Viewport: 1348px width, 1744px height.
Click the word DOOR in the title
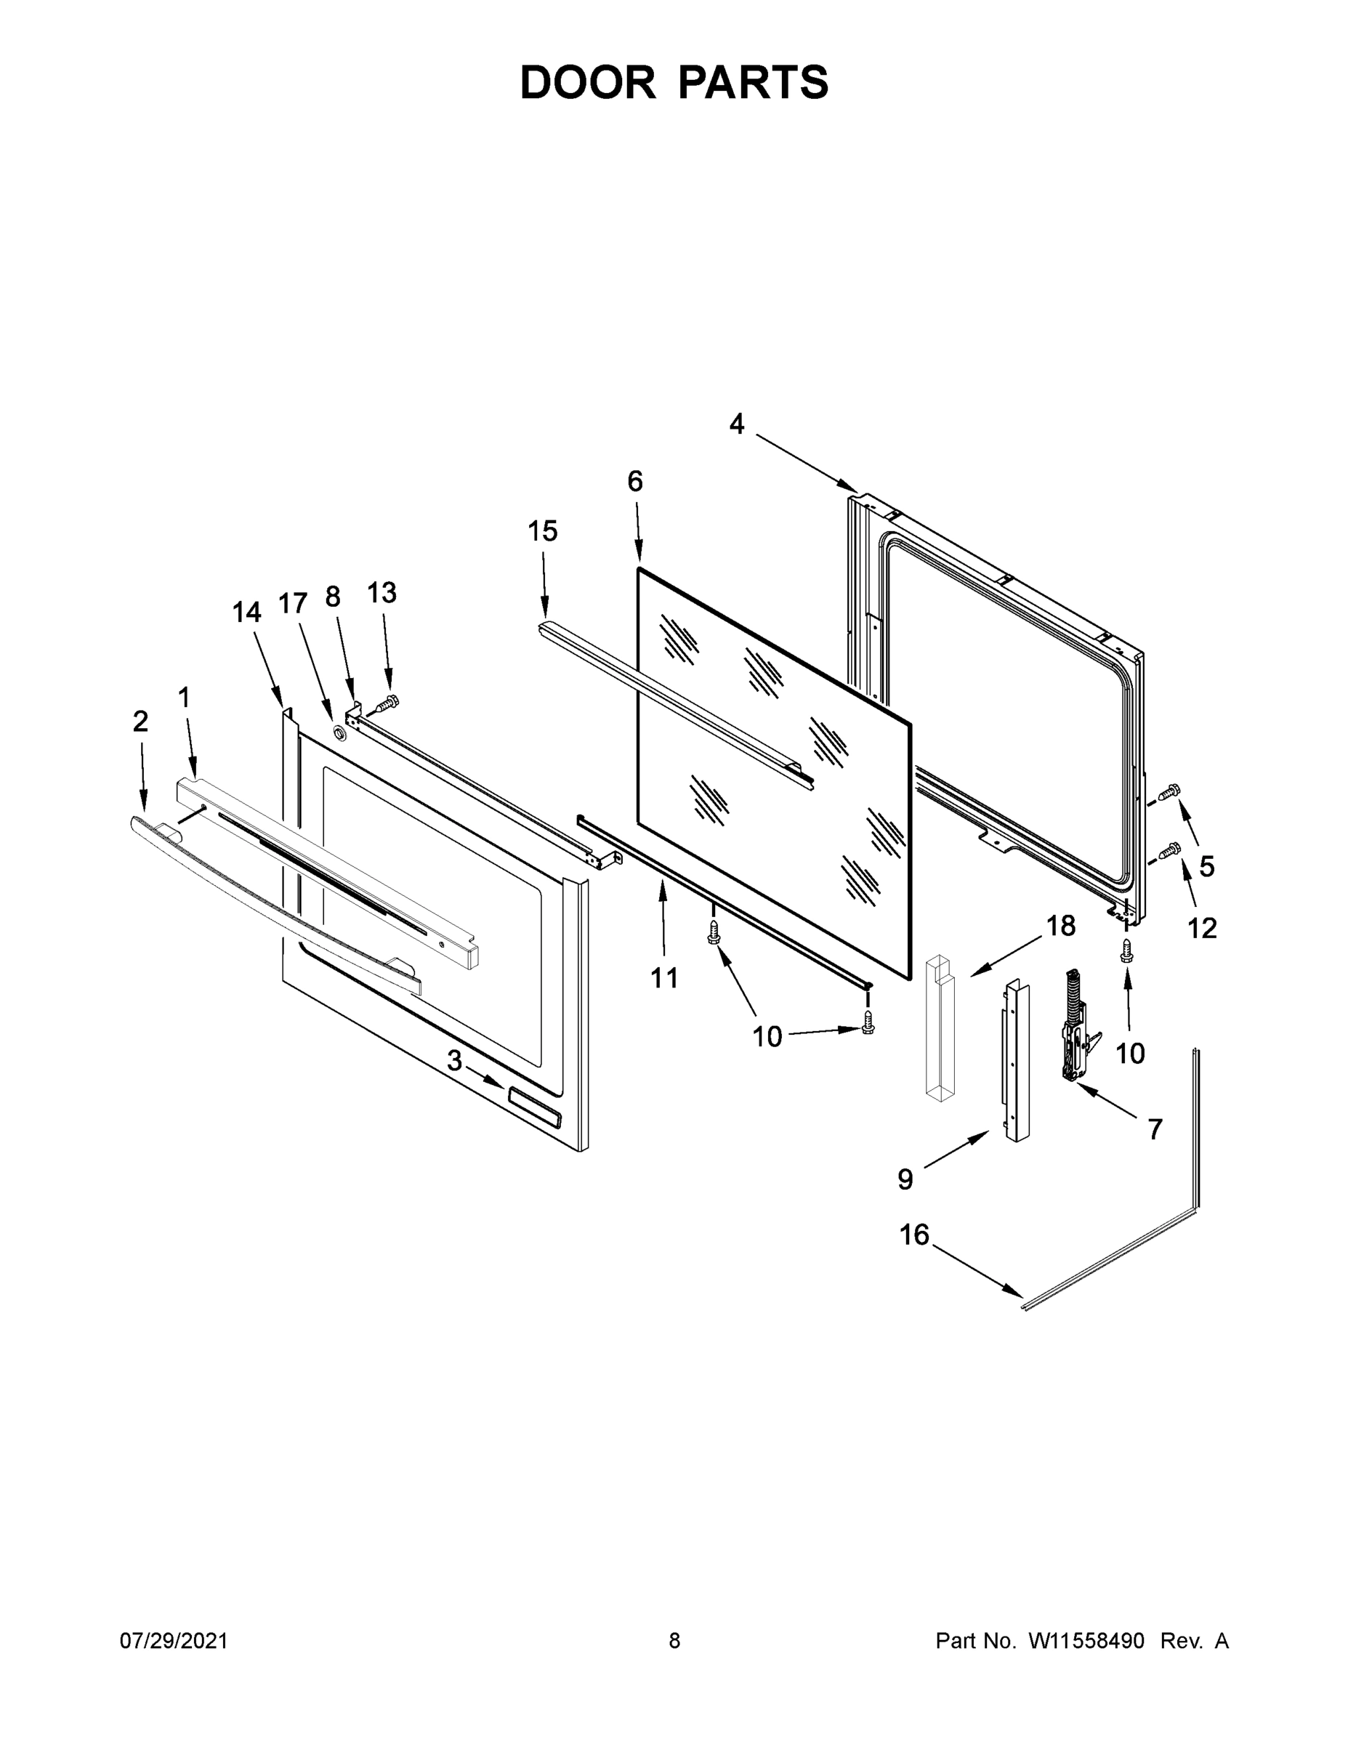pos(587,82)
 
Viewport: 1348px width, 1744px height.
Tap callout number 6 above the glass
pos(635,482)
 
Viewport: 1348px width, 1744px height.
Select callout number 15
pos(542,531)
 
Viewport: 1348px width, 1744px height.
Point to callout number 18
pos(1061,926)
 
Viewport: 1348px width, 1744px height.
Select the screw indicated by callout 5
pos(1171,791)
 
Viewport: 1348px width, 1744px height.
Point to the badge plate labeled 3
pos(534,1107)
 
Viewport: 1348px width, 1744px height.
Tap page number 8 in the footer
pos(674,1641)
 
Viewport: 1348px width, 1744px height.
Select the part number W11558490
pos(1086,1641)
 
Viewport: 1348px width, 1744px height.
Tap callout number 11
pos(664,977)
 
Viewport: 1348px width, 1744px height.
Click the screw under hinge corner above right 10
pos(1127,951)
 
